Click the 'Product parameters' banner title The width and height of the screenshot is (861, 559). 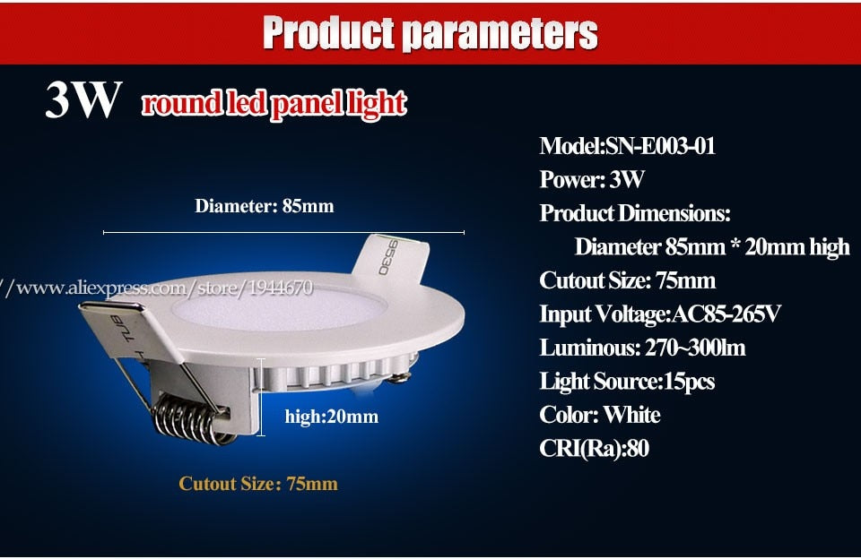[x=430, y=33]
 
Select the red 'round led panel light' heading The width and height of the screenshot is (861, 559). [x=274, y=104]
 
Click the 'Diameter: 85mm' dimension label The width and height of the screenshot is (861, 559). [x=265, y=206]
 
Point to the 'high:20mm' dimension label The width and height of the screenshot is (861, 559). [x=331, y=416]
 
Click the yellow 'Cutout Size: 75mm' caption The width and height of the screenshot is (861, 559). [x=258, y=484]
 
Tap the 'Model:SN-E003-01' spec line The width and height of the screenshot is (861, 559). [x=628, y=146]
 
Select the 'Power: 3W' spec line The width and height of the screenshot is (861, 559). [x=592, y=179]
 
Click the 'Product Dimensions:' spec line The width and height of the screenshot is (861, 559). [x=635, y=213]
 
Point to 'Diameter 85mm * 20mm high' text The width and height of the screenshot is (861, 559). [x=712, y=246]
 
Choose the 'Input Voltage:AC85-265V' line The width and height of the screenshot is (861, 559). [x=660, y=314]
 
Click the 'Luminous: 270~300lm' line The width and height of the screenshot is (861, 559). [x=642, y=348]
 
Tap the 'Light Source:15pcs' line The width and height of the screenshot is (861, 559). [x=627, y=382]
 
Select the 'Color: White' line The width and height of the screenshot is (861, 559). [x=600, y=415]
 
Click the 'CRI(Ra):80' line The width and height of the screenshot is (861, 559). [x=594, y=448]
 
